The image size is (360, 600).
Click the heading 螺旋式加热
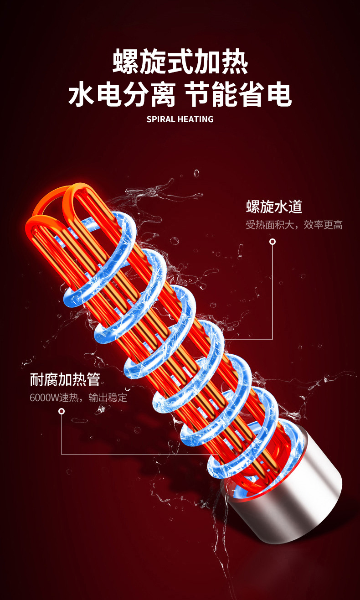[180, 63]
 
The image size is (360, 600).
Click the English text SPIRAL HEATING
[180, 119]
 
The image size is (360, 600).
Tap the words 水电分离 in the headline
[122, 96]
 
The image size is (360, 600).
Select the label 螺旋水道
[274, 207]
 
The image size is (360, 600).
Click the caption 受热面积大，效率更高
[294, 225]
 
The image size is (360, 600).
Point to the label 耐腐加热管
[65, 379]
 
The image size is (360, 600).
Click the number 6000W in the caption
[45, 398]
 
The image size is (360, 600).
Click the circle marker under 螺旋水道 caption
[273, 242]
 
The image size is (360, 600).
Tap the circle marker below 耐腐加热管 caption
[62, 411]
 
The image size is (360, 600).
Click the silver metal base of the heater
[292, 497]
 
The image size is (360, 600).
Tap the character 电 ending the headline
[278, 96]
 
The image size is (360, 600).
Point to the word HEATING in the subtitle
[195, 119]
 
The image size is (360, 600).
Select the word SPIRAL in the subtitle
[161, 119]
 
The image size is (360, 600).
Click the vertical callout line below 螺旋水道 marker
[273, 292]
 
